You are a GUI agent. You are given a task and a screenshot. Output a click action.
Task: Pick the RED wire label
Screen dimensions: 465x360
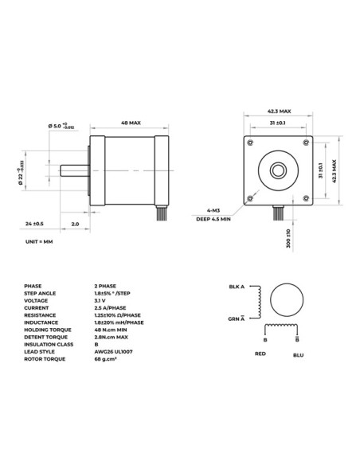coord(260,352)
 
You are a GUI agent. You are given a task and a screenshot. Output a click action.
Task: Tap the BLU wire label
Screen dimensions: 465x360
coord(298,355)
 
